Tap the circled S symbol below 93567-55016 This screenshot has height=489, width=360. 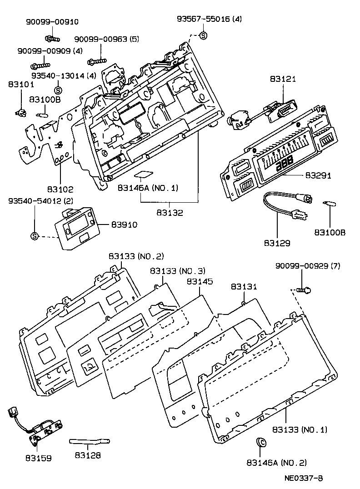(204, 35)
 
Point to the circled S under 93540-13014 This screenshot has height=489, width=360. (58, 90)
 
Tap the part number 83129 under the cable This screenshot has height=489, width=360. (277, 243)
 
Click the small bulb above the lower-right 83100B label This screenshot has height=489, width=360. (328, 203)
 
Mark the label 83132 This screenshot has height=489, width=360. (170, 213)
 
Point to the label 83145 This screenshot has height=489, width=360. (200, 282)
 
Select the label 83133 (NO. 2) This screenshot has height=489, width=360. (136, 256)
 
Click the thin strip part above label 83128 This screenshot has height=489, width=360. (90, 441)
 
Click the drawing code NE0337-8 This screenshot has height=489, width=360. (304, 478)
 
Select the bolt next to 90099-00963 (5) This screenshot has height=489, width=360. (98, 59)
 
